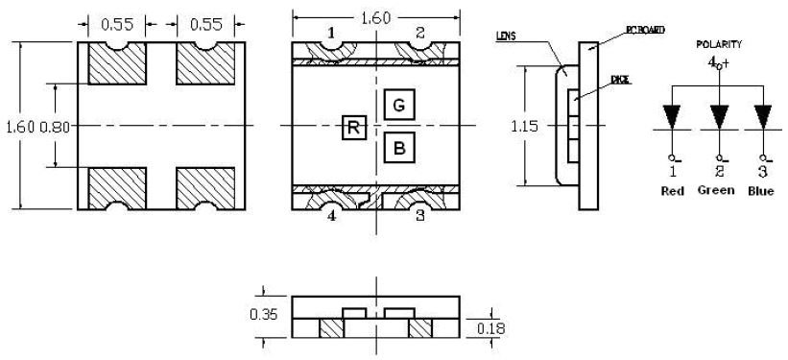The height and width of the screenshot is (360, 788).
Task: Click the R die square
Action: [x=354, y=128]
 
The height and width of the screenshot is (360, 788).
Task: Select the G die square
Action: [x=399, y=105]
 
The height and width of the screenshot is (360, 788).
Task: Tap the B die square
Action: [x=399, y=148]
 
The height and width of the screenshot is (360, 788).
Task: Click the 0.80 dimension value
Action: [x=55, y=126]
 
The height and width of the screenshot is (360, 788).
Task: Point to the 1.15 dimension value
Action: [x=524, y=126]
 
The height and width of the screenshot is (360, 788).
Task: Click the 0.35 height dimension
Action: [x=263, y=314]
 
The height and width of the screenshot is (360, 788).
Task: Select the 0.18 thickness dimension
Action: [x=491, y=329]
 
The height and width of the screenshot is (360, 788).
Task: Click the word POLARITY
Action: [x=719, y=44]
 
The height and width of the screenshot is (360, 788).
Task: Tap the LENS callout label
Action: [x=506, y=36]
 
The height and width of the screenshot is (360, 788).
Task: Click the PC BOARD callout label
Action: [x=645, y=30]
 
